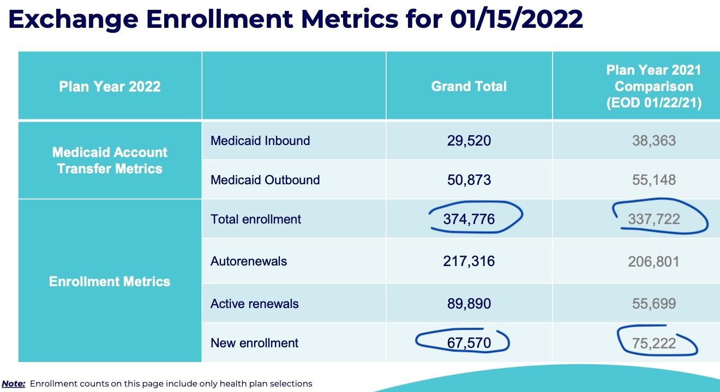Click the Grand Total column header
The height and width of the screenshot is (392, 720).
[x=469, y=86]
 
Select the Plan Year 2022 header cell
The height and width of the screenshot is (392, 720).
[x=110, y=86]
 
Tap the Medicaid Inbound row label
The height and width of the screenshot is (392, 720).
[x=260, y=141]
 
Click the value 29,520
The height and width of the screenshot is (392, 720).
[x=469, y=141]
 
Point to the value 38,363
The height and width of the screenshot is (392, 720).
[x=653, y=141]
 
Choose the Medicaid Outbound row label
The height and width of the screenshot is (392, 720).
[x=265, y=180]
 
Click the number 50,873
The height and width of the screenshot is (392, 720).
[x=469, y=180]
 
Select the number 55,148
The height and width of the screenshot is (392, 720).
[x=653, y=180]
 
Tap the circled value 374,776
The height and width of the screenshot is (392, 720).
[x=469, y=219]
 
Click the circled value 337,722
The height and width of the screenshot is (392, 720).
[x=653, y=219]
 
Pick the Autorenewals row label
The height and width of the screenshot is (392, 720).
[x=249, y=261]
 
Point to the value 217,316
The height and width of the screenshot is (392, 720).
[x=469, y=261]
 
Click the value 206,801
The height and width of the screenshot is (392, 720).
[x=653, y=261]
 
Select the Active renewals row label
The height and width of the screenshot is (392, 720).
[x=255, y=304]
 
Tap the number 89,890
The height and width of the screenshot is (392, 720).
[x=469, y=304]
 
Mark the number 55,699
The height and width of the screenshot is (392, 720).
[x=653, y=304]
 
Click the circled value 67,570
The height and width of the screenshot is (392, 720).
[x=469, y=343]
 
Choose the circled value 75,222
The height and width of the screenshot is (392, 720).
[x=653, y=343]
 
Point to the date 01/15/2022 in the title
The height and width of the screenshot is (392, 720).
[x=517, y=19]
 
